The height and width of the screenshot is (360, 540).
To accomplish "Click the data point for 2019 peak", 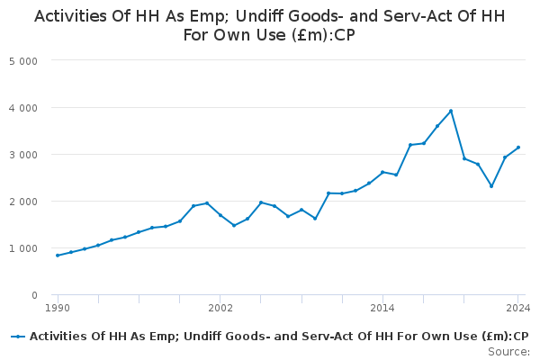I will (451, 111).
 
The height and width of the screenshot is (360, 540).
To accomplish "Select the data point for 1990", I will (58, 256).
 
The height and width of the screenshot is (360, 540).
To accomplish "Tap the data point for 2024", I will (518, 148).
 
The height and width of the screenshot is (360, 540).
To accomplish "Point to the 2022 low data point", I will (491, 186).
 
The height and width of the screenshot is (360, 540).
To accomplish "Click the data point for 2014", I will (382, 172).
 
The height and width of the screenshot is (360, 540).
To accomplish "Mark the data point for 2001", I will (207, 203).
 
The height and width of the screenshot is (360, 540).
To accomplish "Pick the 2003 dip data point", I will (234, 225).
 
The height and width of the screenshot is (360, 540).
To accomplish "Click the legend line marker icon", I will (18, 336).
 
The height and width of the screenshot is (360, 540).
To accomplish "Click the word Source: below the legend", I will (509, 351).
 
